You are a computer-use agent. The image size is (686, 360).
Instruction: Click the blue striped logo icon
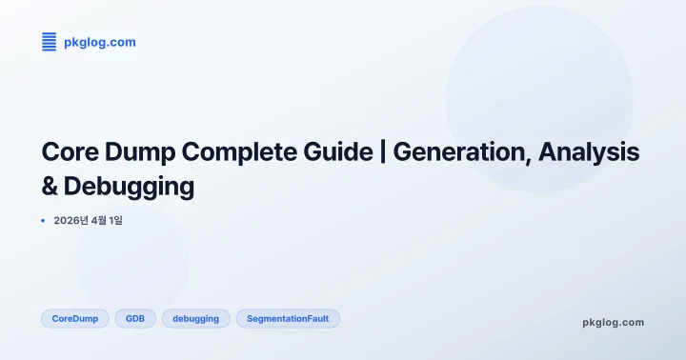point(50,42)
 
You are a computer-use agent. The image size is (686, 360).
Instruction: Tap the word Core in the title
point(72,152)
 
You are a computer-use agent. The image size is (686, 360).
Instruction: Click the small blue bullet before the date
point(44,221)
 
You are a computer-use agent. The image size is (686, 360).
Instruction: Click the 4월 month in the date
point(99,221)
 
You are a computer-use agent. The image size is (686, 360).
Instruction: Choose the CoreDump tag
point(75,319)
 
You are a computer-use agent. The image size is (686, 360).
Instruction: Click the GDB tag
point(135,319)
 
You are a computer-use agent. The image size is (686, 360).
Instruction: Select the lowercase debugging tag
point(195,319)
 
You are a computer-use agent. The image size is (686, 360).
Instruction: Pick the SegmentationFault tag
point(288,319)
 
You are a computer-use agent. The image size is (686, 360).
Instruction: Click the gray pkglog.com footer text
point(613,322)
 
